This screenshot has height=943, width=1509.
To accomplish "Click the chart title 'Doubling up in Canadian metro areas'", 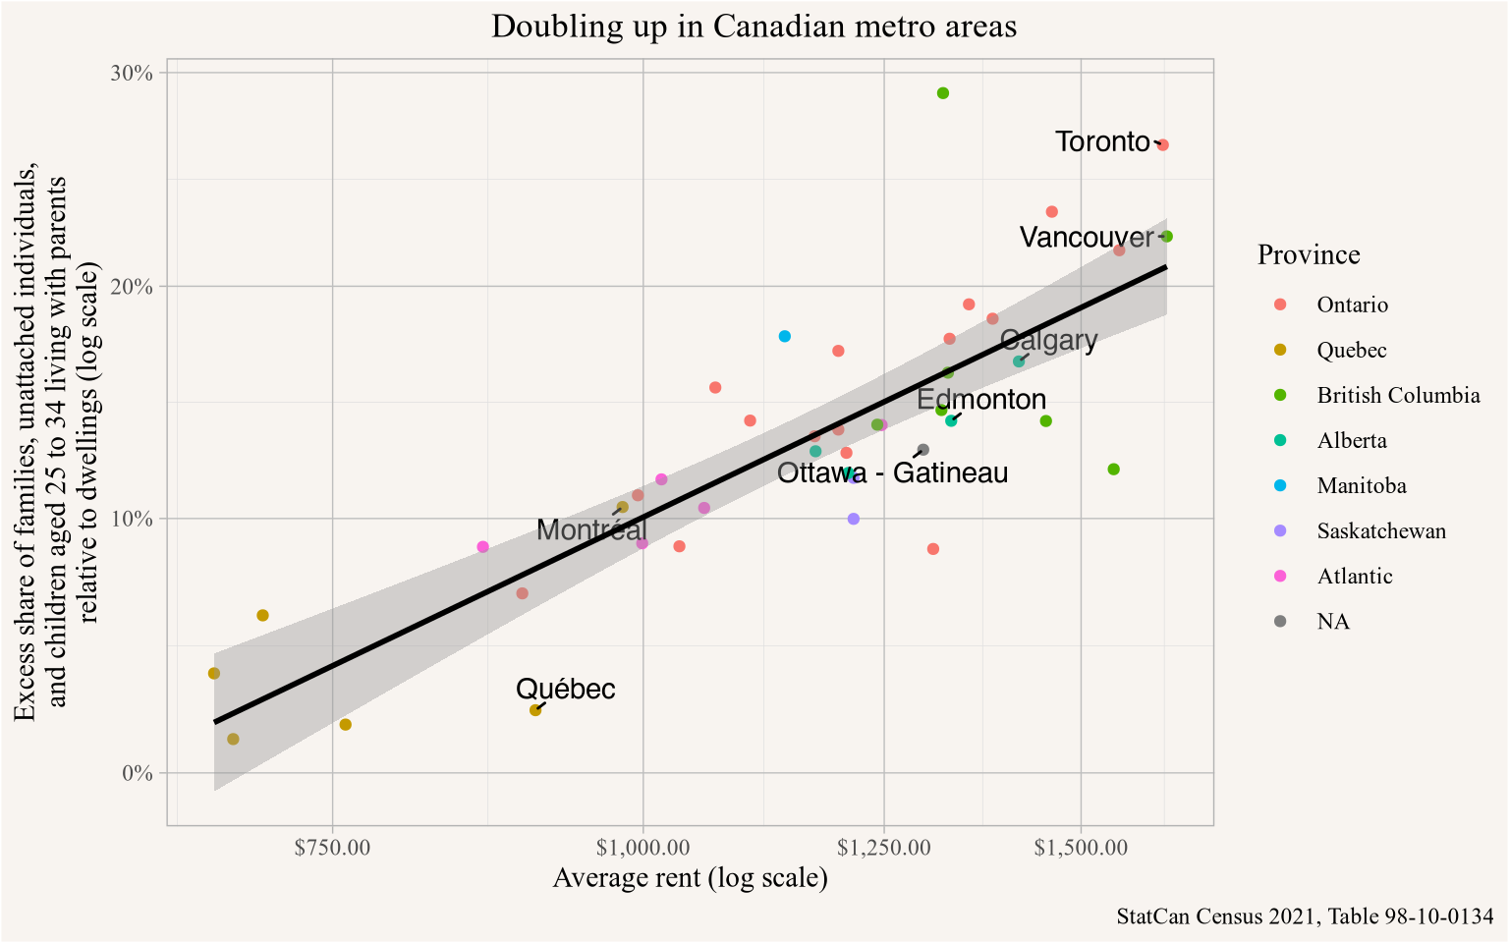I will [754, 26].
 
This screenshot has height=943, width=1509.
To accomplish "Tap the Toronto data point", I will [1163, 145].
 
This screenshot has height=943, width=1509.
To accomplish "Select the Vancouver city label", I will [1086, 238].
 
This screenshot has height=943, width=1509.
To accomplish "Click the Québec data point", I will [535, 710].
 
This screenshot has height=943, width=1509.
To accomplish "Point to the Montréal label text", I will [592, 530].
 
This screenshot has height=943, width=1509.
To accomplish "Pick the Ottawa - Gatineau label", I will [892, 473].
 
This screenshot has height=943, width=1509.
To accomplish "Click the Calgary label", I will [1048, 341].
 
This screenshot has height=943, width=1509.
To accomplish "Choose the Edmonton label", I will [980, 400].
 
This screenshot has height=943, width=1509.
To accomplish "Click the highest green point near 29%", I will [943, 93].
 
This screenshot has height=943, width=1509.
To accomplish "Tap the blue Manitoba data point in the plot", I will [785, 337].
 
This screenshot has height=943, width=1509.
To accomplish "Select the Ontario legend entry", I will [1352, 305].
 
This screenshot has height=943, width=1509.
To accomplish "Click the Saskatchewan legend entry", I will [1380, 531].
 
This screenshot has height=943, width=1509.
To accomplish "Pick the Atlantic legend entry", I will [1354, 577].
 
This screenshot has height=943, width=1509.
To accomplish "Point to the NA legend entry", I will [1332, 622].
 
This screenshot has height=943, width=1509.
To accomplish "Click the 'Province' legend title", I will [1309, 255].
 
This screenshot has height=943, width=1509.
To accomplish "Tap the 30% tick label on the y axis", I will [131, 74].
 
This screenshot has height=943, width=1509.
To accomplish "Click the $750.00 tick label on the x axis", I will [333, 847].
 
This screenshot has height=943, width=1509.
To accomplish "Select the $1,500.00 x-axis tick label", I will [1081, 847].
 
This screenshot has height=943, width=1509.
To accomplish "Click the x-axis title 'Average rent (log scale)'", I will [690, 877].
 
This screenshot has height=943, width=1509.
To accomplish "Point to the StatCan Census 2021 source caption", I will [1304, 916].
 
